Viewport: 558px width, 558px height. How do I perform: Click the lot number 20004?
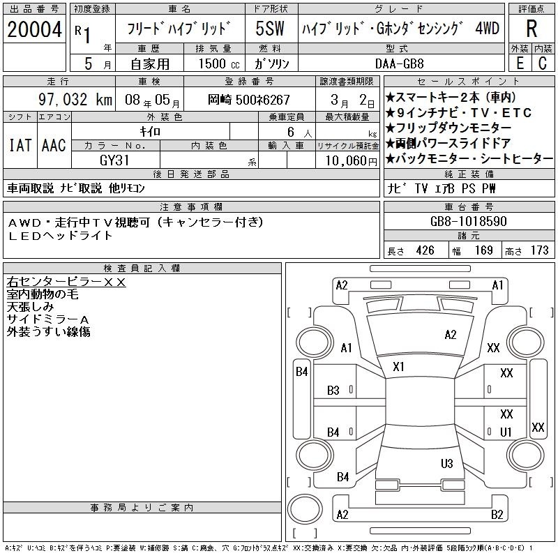(34, 29)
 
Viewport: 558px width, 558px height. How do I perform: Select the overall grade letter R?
(531, 29)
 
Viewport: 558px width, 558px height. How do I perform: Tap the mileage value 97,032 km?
(75, 99)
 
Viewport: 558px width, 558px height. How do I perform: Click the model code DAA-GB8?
(399, 63)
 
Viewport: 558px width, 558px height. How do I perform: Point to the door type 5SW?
(270, 29)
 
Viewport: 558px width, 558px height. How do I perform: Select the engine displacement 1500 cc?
(219, 63)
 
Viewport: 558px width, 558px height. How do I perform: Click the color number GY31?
(114, 160)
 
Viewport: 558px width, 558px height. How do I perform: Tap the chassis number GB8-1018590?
(468, 221)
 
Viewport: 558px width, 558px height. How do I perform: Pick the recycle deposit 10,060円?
(351, 161)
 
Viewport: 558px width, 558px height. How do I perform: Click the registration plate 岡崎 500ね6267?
(249, 100)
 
